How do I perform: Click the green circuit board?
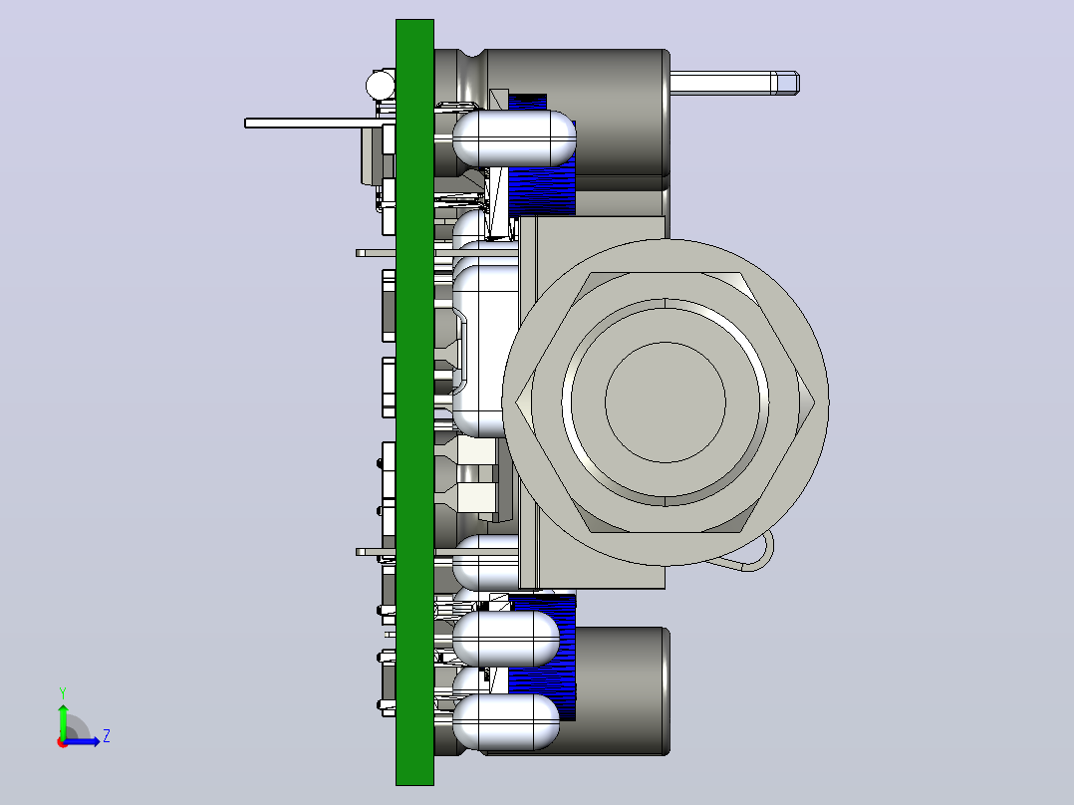414,402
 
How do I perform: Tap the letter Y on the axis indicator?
63,693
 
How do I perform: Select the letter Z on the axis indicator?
107,736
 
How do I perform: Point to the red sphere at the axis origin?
63,742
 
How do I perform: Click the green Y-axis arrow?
63,720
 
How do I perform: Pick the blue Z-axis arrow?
82,741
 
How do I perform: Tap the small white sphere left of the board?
381,86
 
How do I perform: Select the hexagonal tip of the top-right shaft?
786,83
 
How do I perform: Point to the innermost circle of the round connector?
666,402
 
